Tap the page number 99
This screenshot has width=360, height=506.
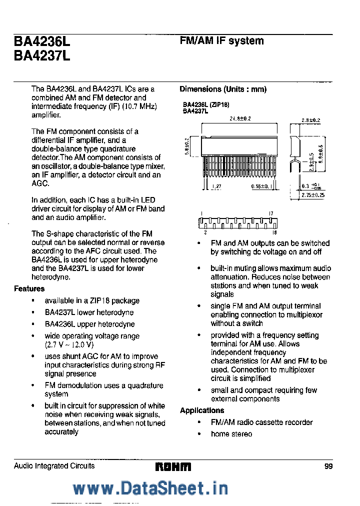(328, 466)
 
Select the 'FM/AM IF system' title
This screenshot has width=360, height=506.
(221, 41)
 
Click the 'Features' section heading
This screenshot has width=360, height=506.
(29, 288)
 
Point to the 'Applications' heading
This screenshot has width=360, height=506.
(202, 410)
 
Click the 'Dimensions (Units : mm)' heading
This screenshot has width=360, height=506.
(223, 89)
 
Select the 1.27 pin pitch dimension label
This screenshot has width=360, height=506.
(216, 186)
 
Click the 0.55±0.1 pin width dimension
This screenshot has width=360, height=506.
(259, 186)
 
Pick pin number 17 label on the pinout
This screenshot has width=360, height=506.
(271, 213)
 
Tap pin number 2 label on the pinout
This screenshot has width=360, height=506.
(205, 232)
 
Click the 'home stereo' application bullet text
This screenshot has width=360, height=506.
(231, 434)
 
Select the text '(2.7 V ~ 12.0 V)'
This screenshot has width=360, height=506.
(69, 344)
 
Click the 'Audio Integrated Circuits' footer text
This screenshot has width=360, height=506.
(54, 466)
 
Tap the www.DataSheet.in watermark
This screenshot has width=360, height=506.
(150, 488)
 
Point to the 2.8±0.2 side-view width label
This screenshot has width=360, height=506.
(310, 120)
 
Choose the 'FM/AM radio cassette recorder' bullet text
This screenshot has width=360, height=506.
(261, 422)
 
